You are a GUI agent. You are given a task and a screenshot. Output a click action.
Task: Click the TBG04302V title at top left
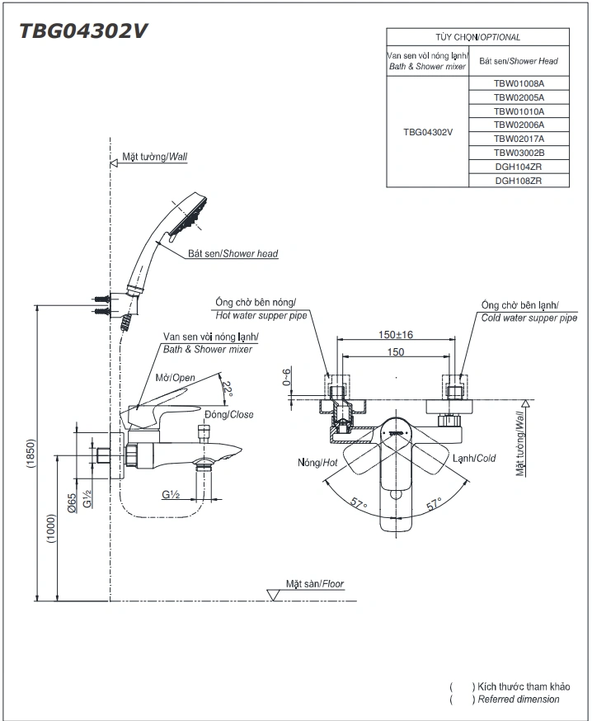tap(83, 31)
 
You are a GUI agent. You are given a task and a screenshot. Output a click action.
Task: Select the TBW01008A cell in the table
tap(519, 83)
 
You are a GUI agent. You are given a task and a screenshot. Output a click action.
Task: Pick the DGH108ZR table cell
tap(519, 181)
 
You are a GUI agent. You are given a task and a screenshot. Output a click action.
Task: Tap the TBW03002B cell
tap(519, 153)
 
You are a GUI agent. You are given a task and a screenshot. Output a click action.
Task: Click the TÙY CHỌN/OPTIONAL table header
tap(477, 37)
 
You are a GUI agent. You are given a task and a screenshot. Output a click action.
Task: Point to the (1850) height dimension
tap(31, 454)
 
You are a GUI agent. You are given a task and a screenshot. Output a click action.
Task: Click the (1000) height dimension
tap(50, 528)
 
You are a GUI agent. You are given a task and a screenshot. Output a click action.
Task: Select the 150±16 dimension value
tap(395, 334)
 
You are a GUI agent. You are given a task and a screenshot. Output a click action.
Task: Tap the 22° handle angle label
tap(227, 389)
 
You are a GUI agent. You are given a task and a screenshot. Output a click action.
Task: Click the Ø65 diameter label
tap(72, 503)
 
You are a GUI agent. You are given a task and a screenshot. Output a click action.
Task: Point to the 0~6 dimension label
tap(287, 377)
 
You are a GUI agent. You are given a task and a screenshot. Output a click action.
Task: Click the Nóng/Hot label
tap(317, 462)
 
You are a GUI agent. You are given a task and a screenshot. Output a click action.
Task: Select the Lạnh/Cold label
tap(474, 458)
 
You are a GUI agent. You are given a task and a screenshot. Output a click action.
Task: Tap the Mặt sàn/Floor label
tap(315, 583)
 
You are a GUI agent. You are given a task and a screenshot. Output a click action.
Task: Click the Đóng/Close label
tap(229, 414)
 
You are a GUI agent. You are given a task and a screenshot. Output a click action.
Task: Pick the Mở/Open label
tap(175, 378)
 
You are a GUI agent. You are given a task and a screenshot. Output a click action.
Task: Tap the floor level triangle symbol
tap(274, 595)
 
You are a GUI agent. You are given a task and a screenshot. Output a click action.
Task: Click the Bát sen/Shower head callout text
tap(233, 253)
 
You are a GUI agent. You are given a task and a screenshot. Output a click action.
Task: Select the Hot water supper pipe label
tap(261, 315)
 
